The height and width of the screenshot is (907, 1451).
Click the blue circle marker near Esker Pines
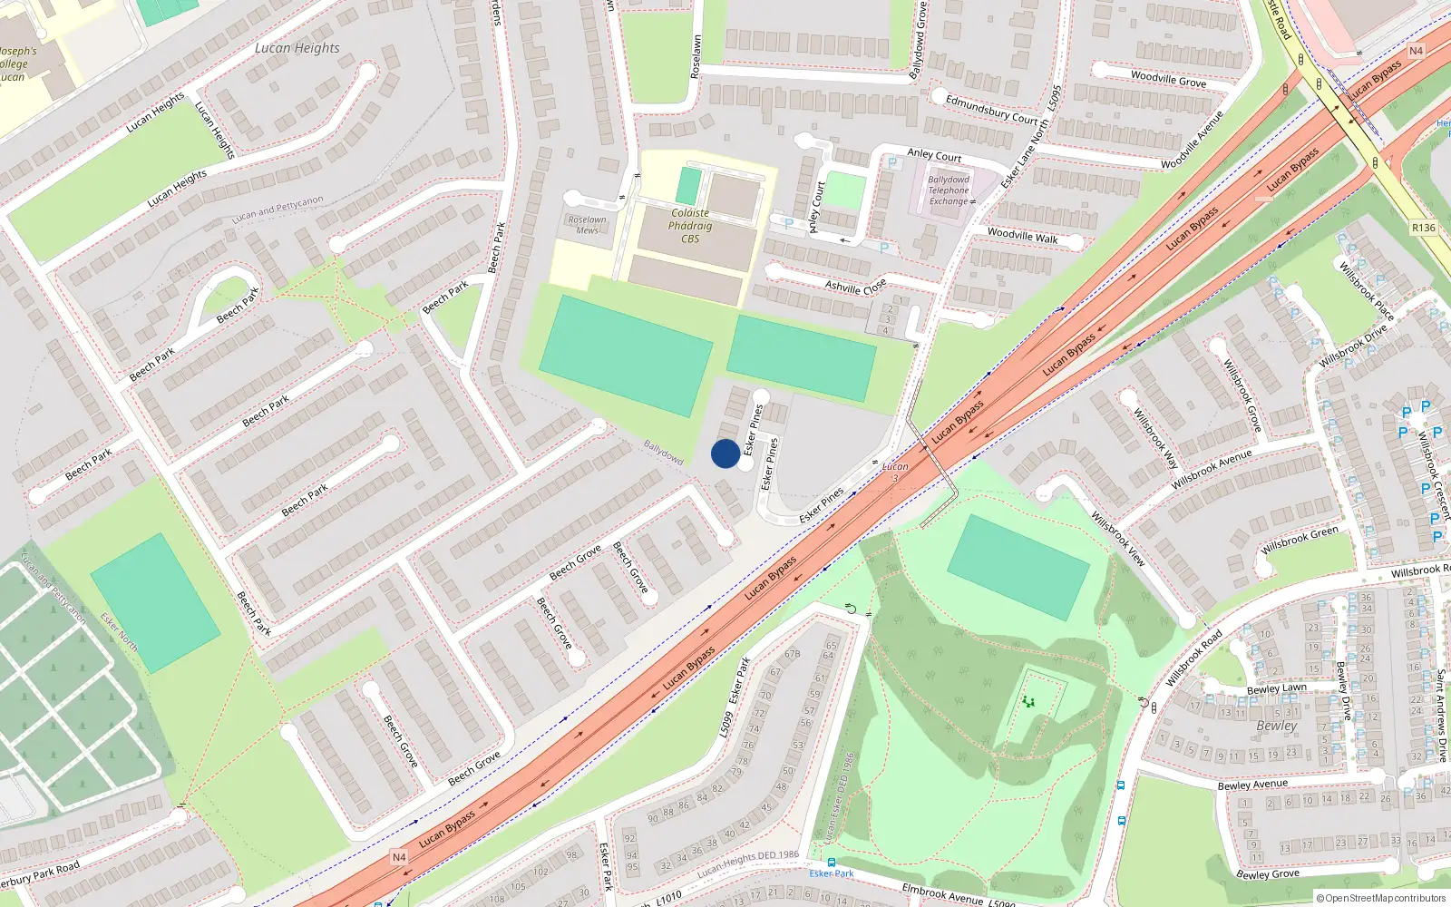[725, 453]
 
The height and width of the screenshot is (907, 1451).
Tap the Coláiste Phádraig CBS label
[690, 226]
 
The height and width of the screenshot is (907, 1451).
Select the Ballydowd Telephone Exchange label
[949, 190]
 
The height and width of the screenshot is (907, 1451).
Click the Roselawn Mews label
[587, 224]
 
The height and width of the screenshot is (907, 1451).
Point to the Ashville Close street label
[855, 287]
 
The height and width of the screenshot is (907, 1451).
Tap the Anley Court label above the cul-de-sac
[934, 155]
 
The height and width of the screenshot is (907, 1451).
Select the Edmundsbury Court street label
[991, 109]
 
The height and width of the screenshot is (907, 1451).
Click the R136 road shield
[1423, 228]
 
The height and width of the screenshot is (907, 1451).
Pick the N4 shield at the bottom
[399, 857]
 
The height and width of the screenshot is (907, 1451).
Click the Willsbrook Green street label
[1299, 541]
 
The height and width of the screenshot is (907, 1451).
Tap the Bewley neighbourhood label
[1277, 726]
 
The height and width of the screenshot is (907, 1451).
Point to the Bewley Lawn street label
[1277, 688]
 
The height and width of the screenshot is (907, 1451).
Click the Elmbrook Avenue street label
[942, 893]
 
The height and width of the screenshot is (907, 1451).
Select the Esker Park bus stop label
[832, 873]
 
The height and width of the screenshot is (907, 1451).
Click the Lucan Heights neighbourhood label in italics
[297, 48]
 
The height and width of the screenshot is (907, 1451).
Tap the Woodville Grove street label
[1168, 79]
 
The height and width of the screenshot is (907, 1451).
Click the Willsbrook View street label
[1118, 539]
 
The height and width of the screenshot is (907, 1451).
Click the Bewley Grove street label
[1268, 874]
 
